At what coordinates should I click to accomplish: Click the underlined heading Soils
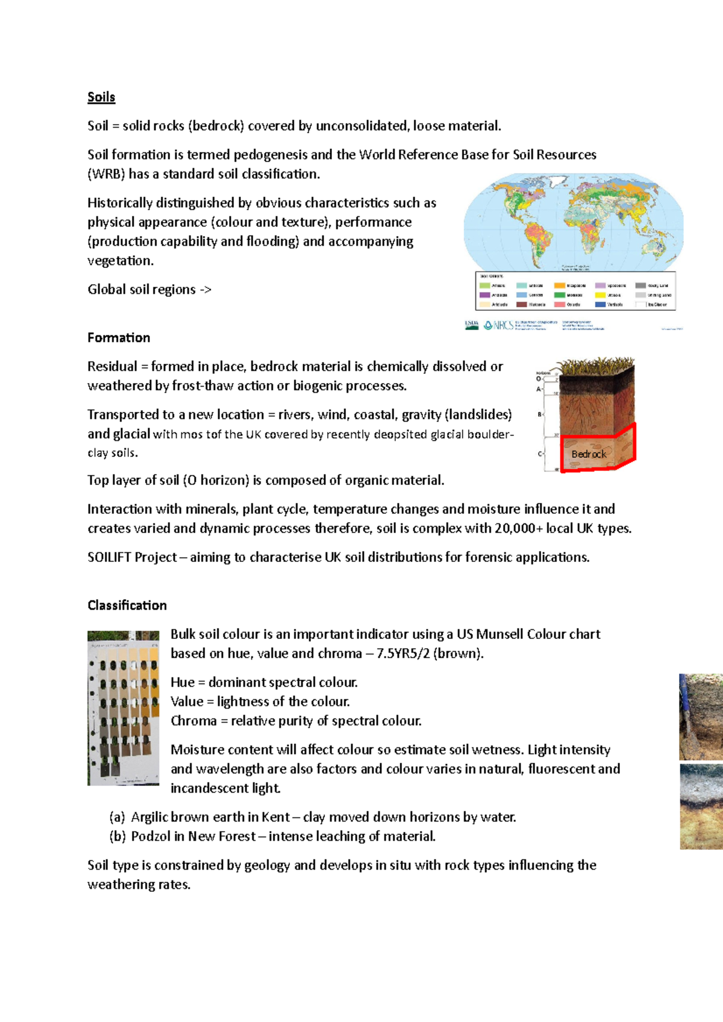click(x=101, y=97)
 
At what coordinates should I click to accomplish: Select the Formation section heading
click(x=119, y=337)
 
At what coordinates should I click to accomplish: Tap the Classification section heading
click(x=127, y=605)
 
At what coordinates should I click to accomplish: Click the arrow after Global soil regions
click(x=205, y=290)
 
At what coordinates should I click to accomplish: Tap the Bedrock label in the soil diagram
click(x=589, y=454)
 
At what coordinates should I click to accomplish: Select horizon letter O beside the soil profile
click(x=539, y=379)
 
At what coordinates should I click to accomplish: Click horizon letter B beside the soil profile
click(x=540, y=414)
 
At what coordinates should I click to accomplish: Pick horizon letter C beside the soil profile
click(x=540, y=453)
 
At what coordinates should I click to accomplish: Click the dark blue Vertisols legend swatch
click(x=600, y=305)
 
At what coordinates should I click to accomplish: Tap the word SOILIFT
click(x=109, y=558)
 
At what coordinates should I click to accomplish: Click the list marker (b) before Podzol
click(x=117, y=837)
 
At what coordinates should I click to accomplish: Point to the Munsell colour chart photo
click(x=124, y=708)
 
